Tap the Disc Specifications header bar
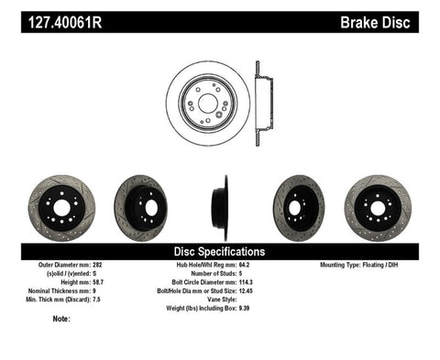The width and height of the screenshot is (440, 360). point(219,251)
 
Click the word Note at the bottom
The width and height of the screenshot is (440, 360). point(61,319)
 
